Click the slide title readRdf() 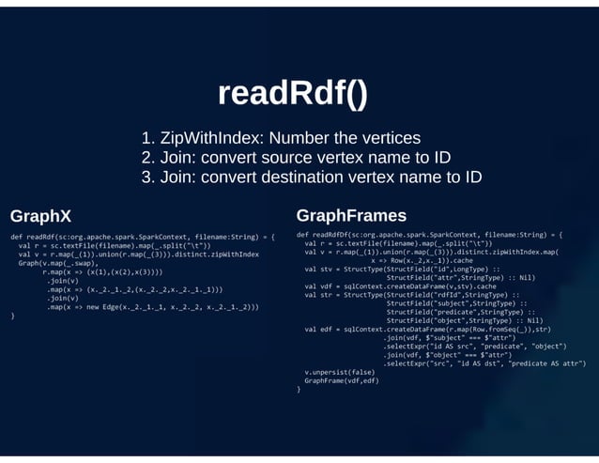click(292, 94)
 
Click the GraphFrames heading click(351, 215)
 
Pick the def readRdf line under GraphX click(141, 237)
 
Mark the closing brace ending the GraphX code click(13, 316)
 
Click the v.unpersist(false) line click(339, 372)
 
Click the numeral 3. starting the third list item click(147, 177)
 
